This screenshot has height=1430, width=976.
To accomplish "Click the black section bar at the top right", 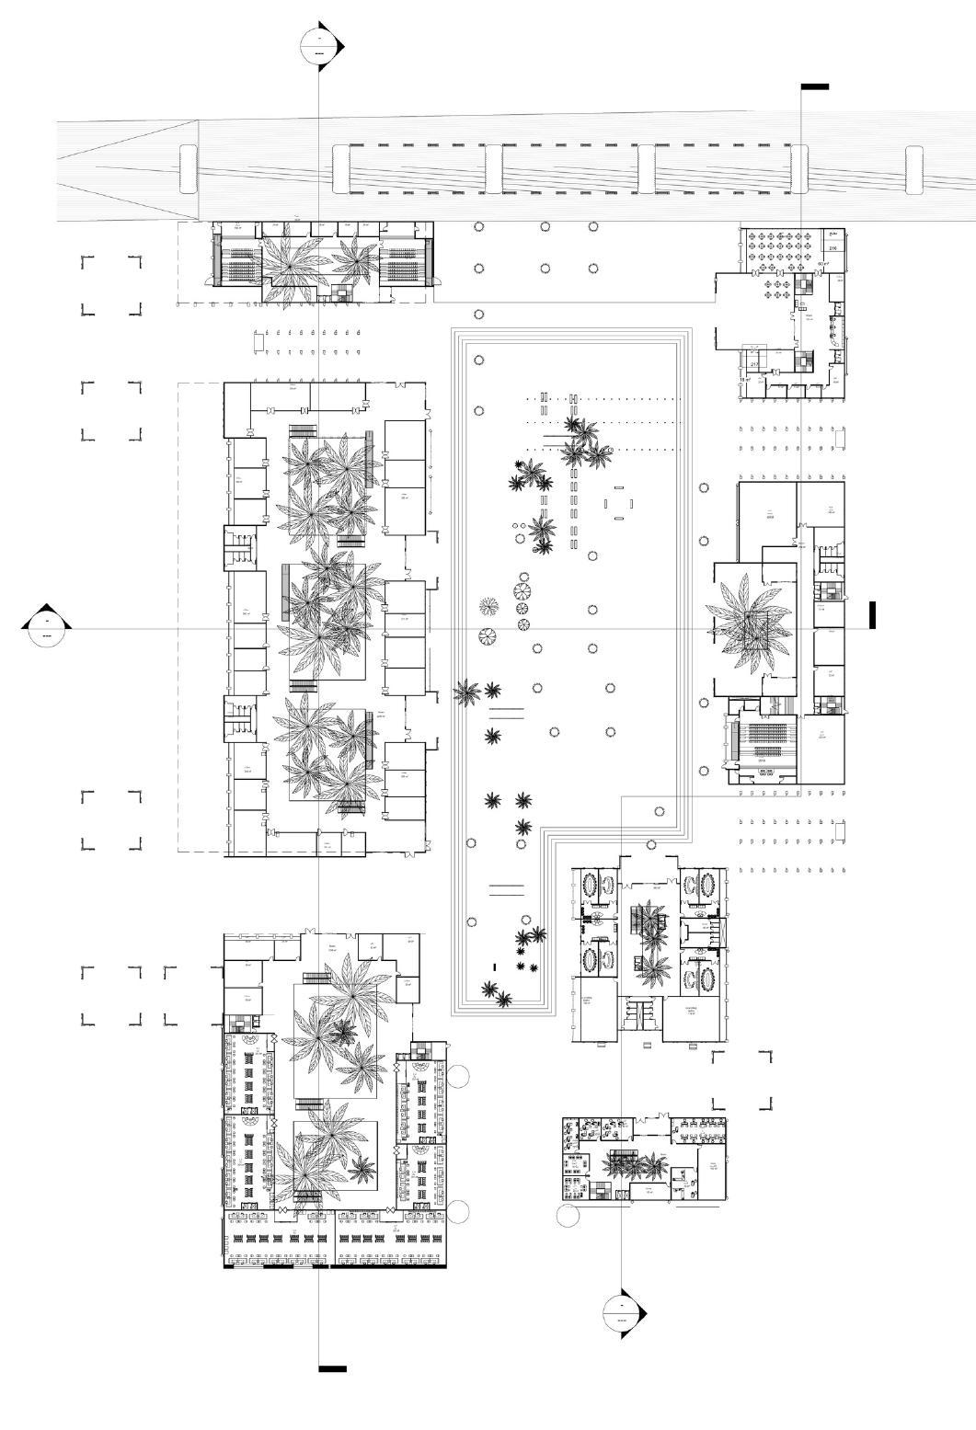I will tap(814, 86).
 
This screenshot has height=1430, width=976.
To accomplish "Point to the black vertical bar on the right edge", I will tap(872, 615).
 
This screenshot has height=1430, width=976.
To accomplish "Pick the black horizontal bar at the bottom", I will tap(332, 1368).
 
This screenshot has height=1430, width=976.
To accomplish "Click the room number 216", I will tap(832, 248).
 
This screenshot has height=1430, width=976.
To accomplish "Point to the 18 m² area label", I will tap(745, 379).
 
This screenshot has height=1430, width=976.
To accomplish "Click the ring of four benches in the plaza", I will tap(618, 503).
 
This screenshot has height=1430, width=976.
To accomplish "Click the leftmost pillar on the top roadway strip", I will tap(188, 169).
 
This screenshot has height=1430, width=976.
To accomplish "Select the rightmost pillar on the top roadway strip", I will tap(913, 170).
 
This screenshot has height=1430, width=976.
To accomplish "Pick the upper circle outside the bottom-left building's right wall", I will tap(458, 1074).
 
